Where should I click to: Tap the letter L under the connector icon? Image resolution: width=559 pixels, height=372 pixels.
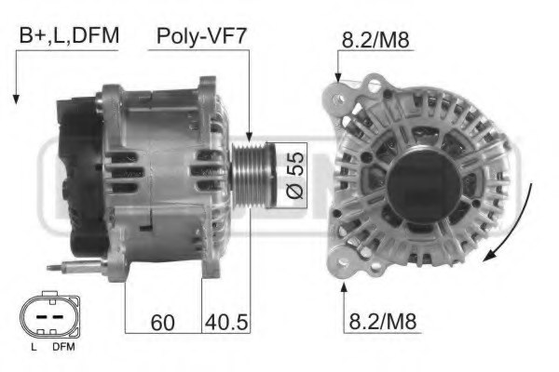33,347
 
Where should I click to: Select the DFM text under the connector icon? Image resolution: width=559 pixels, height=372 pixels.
61,347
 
